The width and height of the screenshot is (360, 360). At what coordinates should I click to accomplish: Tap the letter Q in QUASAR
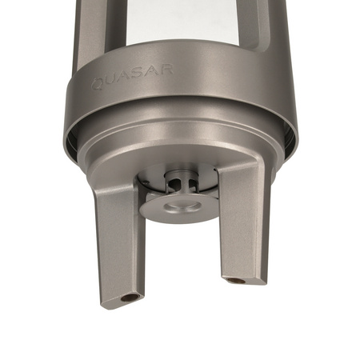[x=98, y=82]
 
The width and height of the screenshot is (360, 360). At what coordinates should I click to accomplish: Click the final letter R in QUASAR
[x=165, y=70]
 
